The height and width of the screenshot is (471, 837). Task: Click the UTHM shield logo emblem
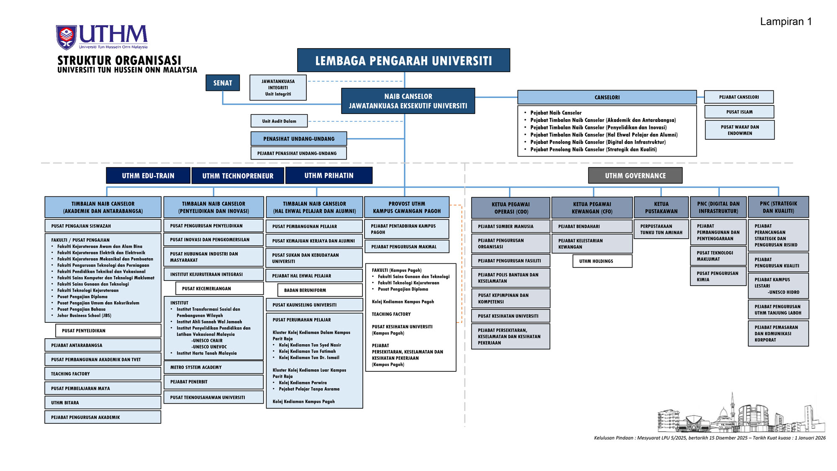66,37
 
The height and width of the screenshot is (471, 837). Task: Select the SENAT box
223,83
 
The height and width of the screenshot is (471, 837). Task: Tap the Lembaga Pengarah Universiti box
403,60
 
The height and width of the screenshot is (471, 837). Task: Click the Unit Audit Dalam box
279,121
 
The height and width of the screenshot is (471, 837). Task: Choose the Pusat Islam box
739,112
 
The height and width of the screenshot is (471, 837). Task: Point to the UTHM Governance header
635,175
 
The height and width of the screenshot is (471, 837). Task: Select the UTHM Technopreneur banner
238,176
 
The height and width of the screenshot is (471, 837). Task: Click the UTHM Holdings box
602,261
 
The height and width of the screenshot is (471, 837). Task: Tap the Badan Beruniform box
320,290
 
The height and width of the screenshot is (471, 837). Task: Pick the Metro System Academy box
213,367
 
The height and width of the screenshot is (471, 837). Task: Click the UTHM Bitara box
103,403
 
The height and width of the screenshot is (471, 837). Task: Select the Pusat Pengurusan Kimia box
718,276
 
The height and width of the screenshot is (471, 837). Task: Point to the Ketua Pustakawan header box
661,207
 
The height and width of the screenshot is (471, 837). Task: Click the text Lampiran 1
786,22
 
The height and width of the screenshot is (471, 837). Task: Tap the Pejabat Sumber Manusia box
511,226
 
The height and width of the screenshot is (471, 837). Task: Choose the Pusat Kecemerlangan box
219,288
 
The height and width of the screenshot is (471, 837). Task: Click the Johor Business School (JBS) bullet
84,316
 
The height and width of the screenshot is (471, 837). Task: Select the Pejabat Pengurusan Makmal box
407,247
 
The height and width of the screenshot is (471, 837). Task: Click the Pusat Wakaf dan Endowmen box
739,130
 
